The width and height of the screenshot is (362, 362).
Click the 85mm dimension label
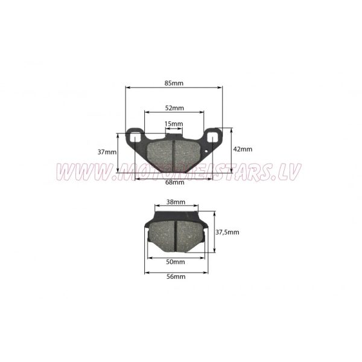[x=174, y=83]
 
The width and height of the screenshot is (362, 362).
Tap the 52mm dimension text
[x=174, y=108]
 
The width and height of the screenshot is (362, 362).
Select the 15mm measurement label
[x=174, y=124]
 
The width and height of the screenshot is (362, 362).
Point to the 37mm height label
[x=107, y=152]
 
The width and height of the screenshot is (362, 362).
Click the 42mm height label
[x=243, y=149]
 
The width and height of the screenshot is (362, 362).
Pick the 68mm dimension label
[x=175, y=182]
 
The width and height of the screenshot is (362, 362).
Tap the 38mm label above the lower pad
[x=176, y=202]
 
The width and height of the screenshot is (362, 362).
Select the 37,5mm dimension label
[x=227, y=232]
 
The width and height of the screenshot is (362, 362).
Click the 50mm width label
[x=176, y=262]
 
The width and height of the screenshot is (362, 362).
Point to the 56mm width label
[x=176, y=276]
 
